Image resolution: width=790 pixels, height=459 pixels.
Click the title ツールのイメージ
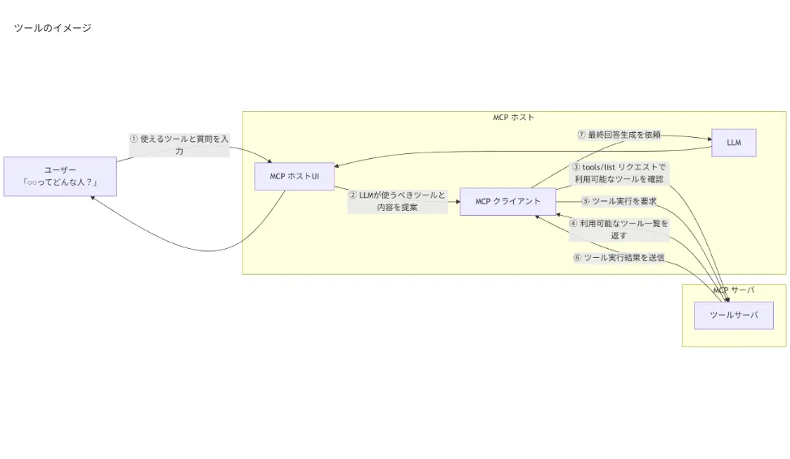[x=53, y=28]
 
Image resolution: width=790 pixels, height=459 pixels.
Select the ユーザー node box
[x=60, y=177]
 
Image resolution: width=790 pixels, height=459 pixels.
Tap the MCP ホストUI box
[x=295, y=176]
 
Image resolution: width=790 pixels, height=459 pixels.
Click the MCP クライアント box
[x=507, y=201]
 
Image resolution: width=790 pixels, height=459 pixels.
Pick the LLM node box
[x=734, y=143]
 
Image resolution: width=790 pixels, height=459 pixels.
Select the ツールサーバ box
[x=733, y=315]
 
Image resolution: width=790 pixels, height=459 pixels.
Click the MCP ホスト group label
[x=513, y=118]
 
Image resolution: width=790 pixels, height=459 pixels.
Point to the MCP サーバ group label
[x=733, y=290]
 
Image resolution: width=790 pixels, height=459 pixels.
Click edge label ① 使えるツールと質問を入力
[x=179, y=144]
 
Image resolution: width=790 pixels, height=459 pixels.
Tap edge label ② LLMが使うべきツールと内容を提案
[x=397, y=201]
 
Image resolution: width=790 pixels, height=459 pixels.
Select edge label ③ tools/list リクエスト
[x=619, y=173]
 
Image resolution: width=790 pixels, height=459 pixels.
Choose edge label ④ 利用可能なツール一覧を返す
[x=619, y=229]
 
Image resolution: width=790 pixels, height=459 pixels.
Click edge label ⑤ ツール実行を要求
[x=619, y=201]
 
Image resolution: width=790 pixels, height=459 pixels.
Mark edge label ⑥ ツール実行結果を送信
[x=619, y=258]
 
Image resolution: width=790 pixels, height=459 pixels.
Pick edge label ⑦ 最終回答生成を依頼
[x=619, y=135]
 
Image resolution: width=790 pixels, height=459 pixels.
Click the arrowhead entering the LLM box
[x=709, y=139]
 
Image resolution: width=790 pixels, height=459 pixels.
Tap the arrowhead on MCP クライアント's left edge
[x=458, y=201]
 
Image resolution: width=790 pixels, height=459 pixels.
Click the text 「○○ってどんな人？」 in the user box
[x=60, y=183]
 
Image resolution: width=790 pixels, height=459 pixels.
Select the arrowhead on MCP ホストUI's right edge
[x=337, y=166]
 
